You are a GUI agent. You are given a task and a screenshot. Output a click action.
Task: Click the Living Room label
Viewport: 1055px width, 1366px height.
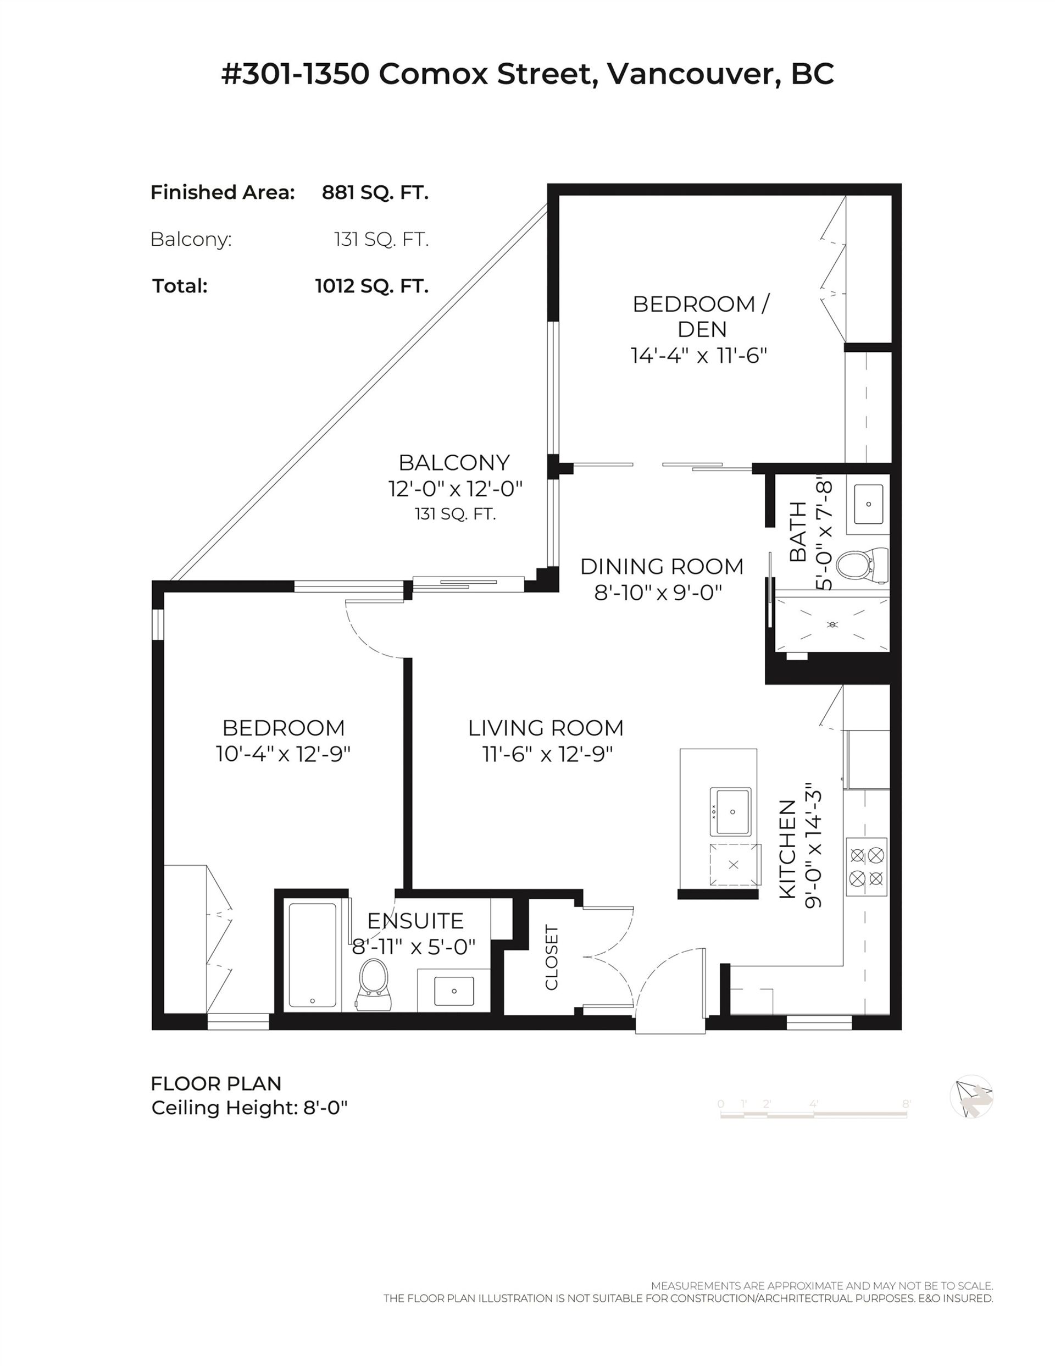pos(546,728)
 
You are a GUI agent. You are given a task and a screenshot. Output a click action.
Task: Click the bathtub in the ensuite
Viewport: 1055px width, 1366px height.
pos(313,955)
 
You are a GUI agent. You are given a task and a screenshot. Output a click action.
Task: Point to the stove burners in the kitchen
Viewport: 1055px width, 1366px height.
pos(866,866)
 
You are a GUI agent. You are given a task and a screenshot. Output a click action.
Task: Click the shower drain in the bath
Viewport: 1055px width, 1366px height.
pos(832,625)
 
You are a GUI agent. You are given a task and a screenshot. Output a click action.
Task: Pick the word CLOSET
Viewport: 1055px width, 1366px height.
pos(551,958)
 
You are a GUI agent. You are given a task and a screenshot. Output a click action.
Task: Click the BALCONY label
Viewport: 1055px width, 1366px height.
pos(454,463)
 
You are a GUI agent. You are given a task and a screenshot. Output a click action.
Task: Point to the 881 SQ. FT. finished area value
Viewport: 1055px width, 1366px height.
pos(375,192)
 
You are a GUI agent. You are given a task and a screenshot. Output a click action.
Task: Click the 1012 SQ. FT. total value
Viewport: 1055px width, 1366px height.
pos(371,286)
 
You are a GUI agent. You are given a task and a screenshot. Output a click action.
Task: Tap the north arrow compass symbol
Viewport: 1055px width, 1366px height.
pos(971,1097)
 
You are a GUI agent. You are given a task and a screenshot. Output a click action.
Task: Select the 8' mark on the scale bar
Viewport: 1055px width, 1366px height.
pos(906,1104)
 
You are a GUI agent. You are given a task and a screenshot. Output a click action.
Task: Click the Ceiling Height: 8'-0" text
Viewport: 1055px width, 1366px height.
pos(249,1108)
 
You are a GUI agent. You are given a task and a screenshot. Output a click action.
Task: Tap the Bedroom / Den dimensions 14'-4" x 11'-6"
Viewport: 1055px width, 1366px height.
pos(698,356)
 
